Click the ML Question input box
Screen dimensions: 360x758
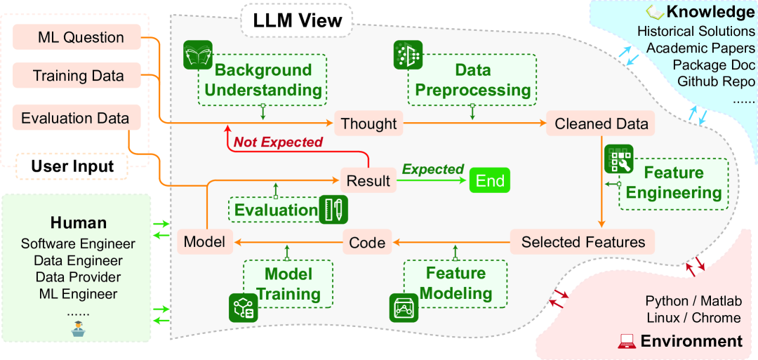(x=78, y=38)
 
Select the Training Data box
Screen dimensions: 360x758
(x=78, y=76)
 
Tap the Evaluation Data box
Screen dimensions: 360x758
(x=75, y=118)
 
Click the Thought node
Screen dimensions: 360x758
(x=368, y=124)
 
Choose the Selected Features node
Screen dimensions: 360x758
(x=583, y=242)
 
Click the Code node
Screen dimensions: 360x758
(x=367, y=243)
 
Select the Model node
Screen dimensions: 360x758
(x=204, y=242)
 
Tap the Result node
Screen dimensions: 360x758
(x=368, y=181)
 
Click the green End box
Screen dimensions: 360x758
(x=490, y=181)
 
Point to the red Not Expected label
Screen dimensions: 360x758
(x=278, y=142)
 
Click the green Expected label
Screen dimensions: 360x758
(x=432, y=169)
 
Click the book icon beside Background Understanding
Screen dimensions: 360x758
(x=197, y=55)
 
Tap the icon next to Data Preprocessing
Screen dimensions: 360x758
(x=408, y=55)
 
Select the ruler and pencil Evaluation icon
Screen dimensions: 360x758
(x=333, y=210)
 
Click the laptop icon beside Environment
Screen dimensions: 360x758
(x=626, y=342)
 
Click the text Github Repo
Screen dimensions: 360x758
(x=716, y=81)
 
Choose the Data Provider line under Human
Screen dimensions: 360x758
(x=78, y=277)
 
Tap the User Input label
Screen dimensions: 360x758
(x=72, y=166)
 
